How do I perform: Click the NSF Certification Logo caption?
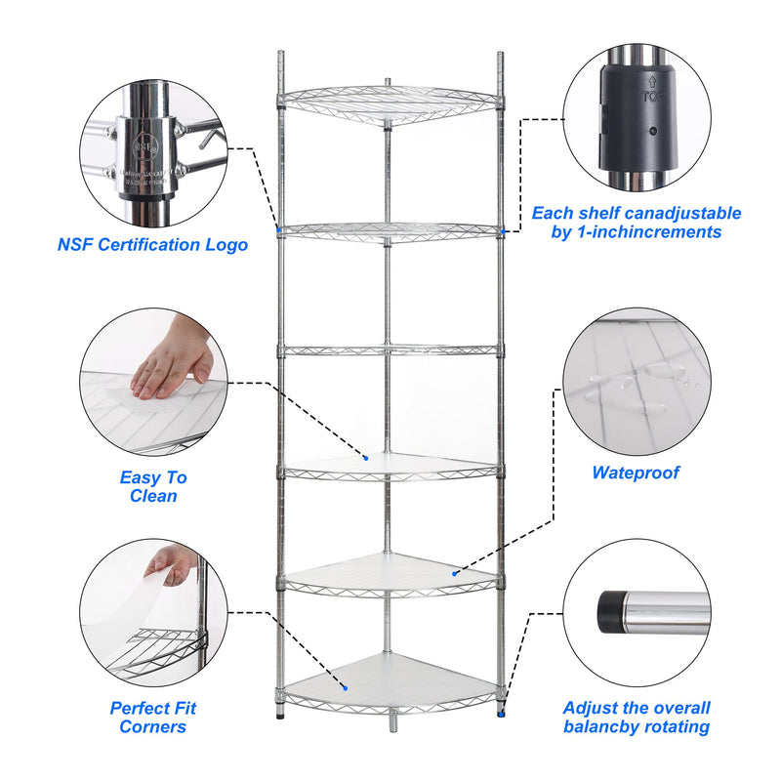coord(152,244)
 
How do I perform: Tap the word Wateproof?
coord(636,473)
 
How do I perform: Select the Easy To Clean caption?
coord(153,486)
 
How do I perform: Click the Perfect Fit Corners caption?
coord(152,718)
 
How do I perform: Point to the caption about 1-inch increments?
coord(636,223)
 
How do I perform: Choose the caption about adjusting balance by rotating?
coord(637,718)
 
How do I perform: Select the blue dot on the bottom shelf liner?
coord(344,685)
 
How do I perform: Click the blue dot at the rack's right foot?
coord(503,713)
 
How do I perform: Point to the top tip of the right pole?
coord(501,57)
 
